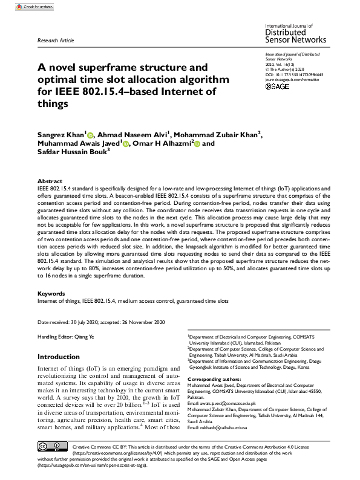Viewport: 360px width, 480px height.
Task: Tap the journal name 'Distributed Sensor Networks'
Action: point(295,36)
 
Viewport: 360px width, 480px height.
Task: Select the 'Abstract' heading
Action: point(50,181)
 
